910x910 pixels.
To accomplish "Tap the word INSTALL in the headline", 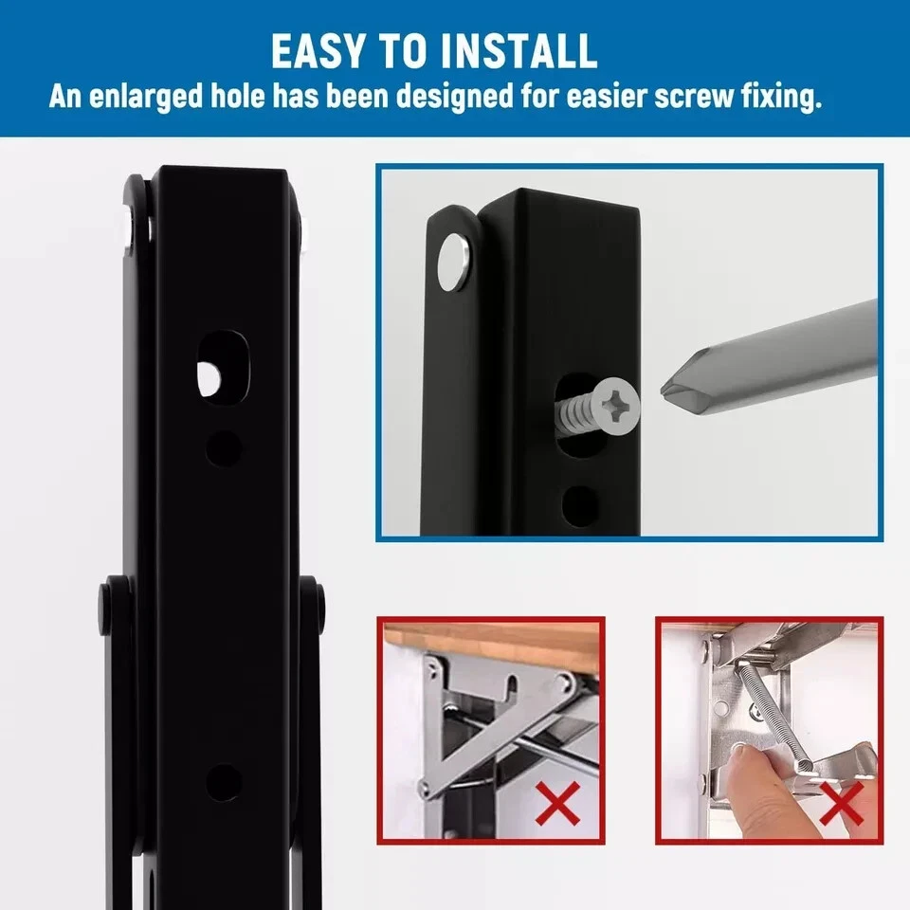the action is point(519,51).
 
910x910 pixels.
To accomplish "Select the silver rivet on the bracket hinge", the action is point(454,262).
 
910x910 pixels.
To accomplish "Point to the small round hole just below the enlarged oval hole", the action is point(225,448).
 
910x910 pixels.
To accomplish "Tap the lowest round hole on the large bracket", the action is point(224,782).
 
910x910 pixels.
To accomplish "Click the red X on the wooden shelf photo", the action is point(557,803).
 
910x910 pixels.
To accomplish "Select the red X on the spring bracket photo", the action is point(841,804).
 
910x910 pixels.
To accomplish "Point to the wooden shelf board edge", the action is point(491,637).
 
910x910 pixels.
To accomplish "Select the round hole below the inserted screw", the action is point(580,506).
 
